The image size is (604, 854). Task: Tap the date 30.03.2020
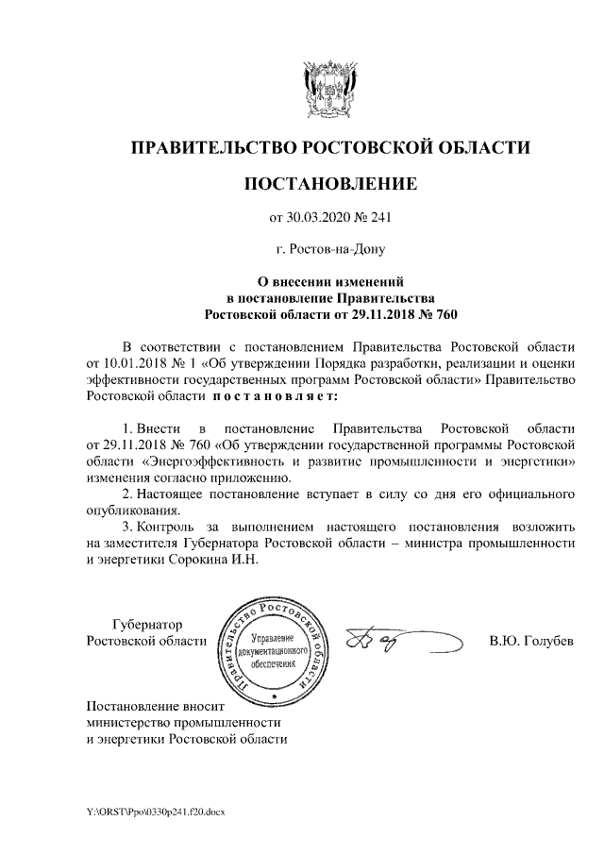pos(317,218)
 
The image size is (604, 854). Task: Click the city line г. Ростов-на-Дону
pos(330,250)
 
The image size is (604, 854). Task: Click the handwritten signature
pos(387,643)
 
